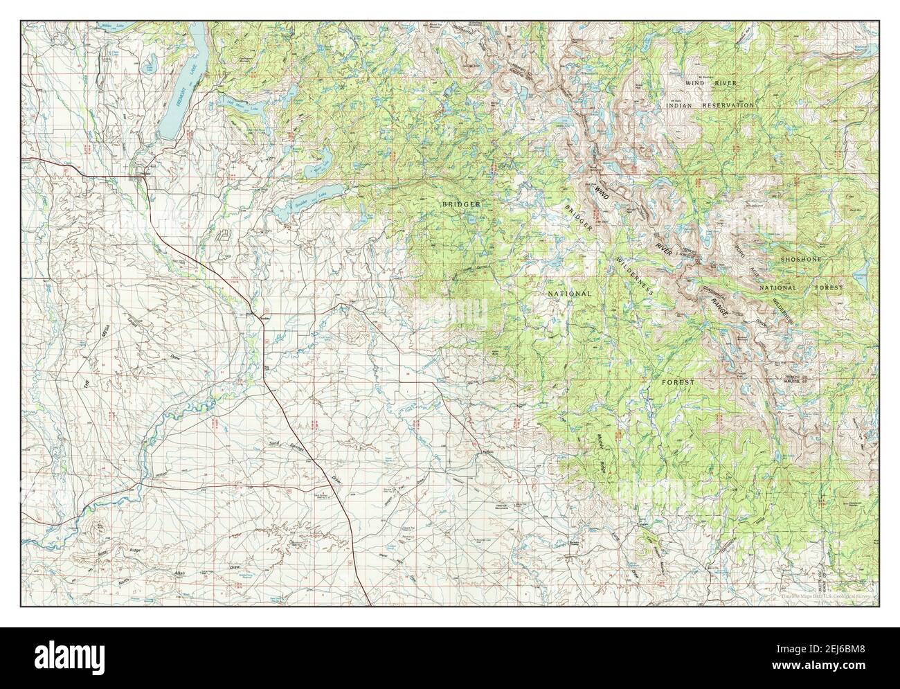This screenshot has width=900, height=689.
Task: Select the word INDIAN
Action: click(x=680, y=105)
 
